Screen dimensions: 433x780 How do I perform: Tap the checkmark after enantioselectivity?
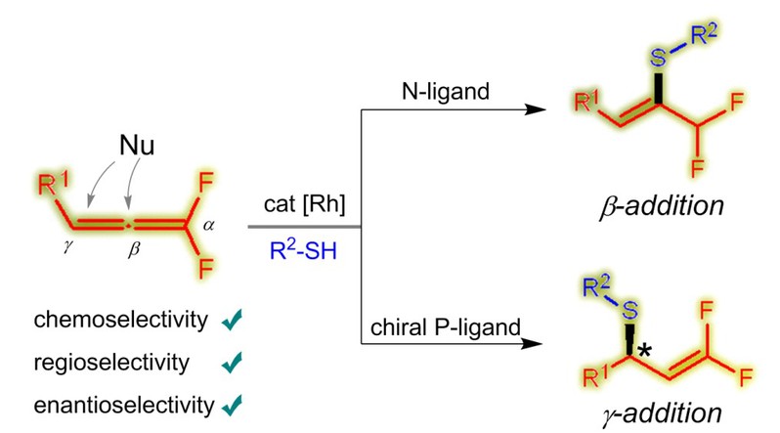233,403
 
